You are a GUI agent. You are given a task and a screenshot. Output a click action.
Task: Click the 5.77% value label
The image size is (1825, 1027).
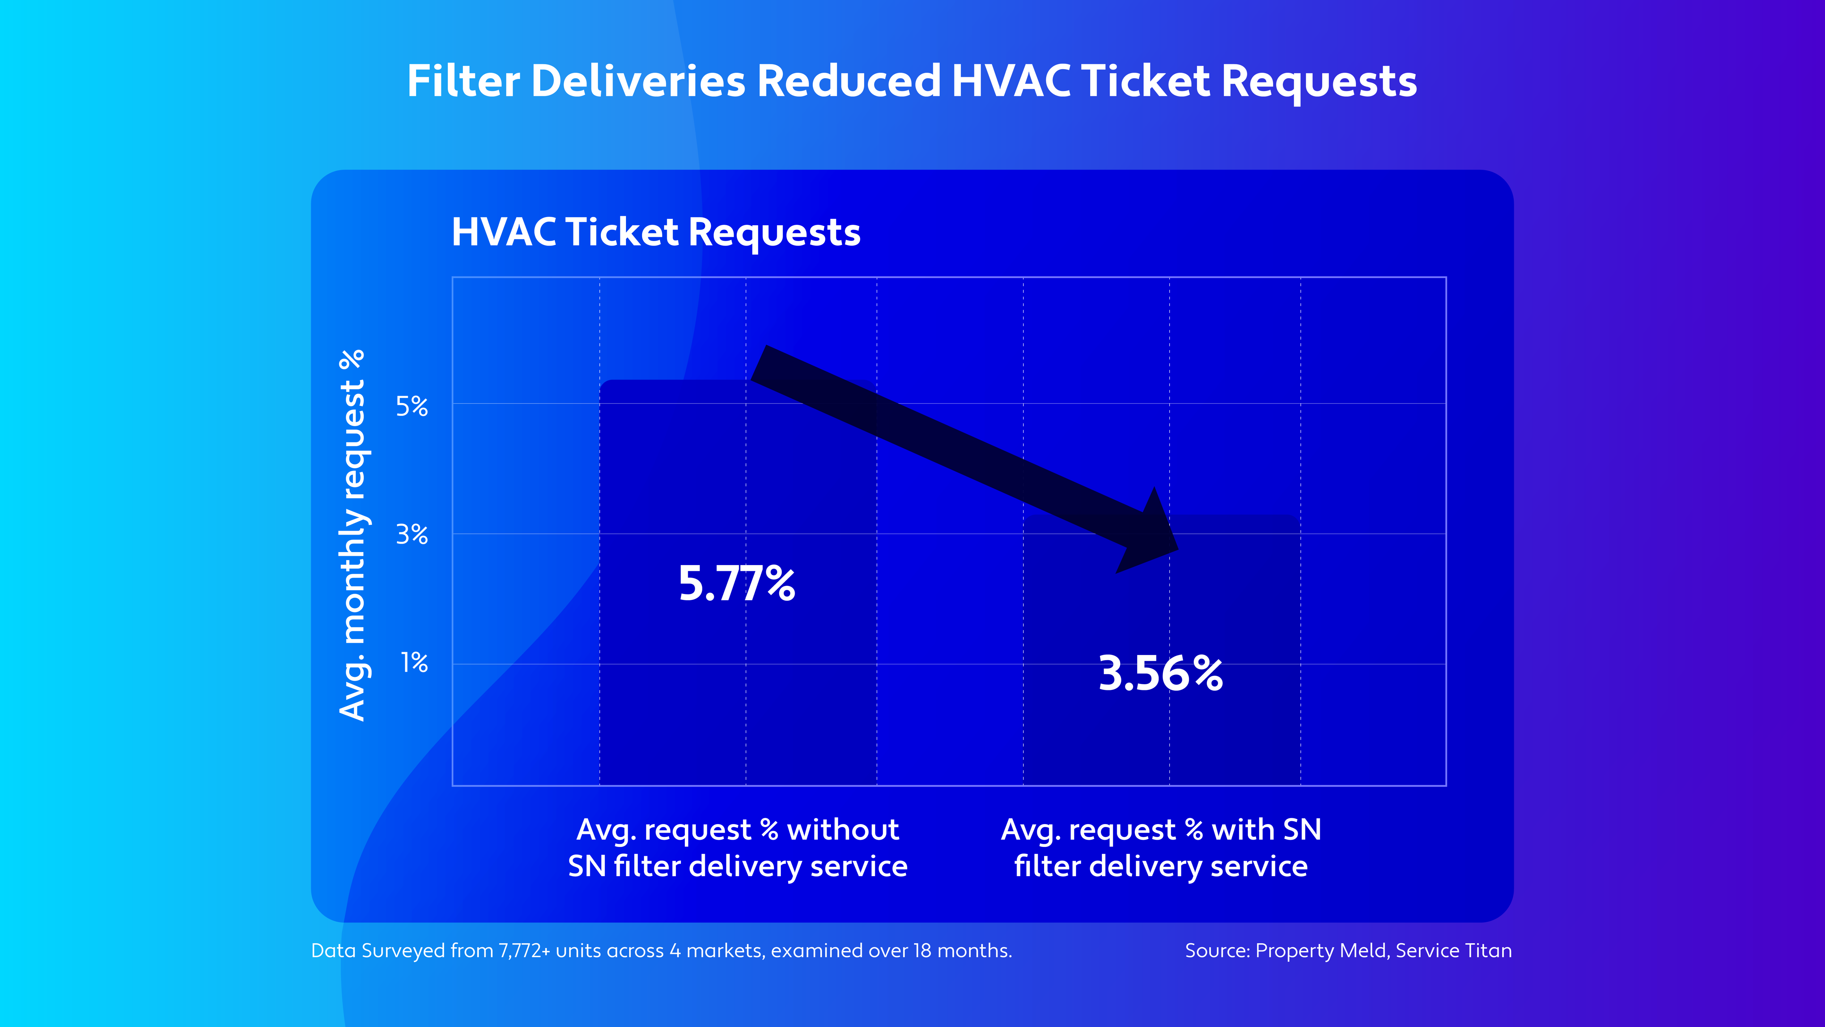point(737,584)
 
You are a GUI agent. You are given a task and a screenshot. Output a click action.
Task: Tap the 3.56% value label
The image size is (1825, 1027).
point(1160,673)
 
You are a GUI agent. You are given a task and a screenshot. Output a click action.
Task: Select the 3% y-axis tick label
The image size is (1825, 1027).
point(412,534)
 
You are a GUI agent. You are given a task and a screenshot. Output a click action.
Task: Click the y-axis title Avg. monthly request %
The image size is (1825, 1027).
point(352,535)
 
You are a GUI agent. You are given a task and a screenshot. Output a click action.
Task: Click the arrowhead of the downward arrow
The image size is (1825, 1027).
point(1151,535)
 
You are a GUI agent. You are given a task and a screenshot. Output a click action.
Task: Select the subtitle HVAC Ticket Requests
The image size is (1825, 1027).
point(656,233)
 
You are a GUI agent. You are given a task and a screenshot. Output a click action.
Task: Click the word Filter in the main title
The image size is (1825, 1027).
point(463,81)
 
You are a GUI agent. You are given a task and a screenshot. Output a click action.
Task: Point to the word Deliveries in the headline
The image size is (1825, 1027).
point(638,81)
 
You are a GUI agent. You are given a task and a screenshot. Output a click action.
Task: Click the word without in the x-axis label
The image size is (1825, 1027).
point(843,829)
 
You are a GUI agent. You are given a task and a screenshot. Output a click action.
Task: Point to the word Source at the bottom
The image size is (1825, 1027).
point(1215,951)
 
